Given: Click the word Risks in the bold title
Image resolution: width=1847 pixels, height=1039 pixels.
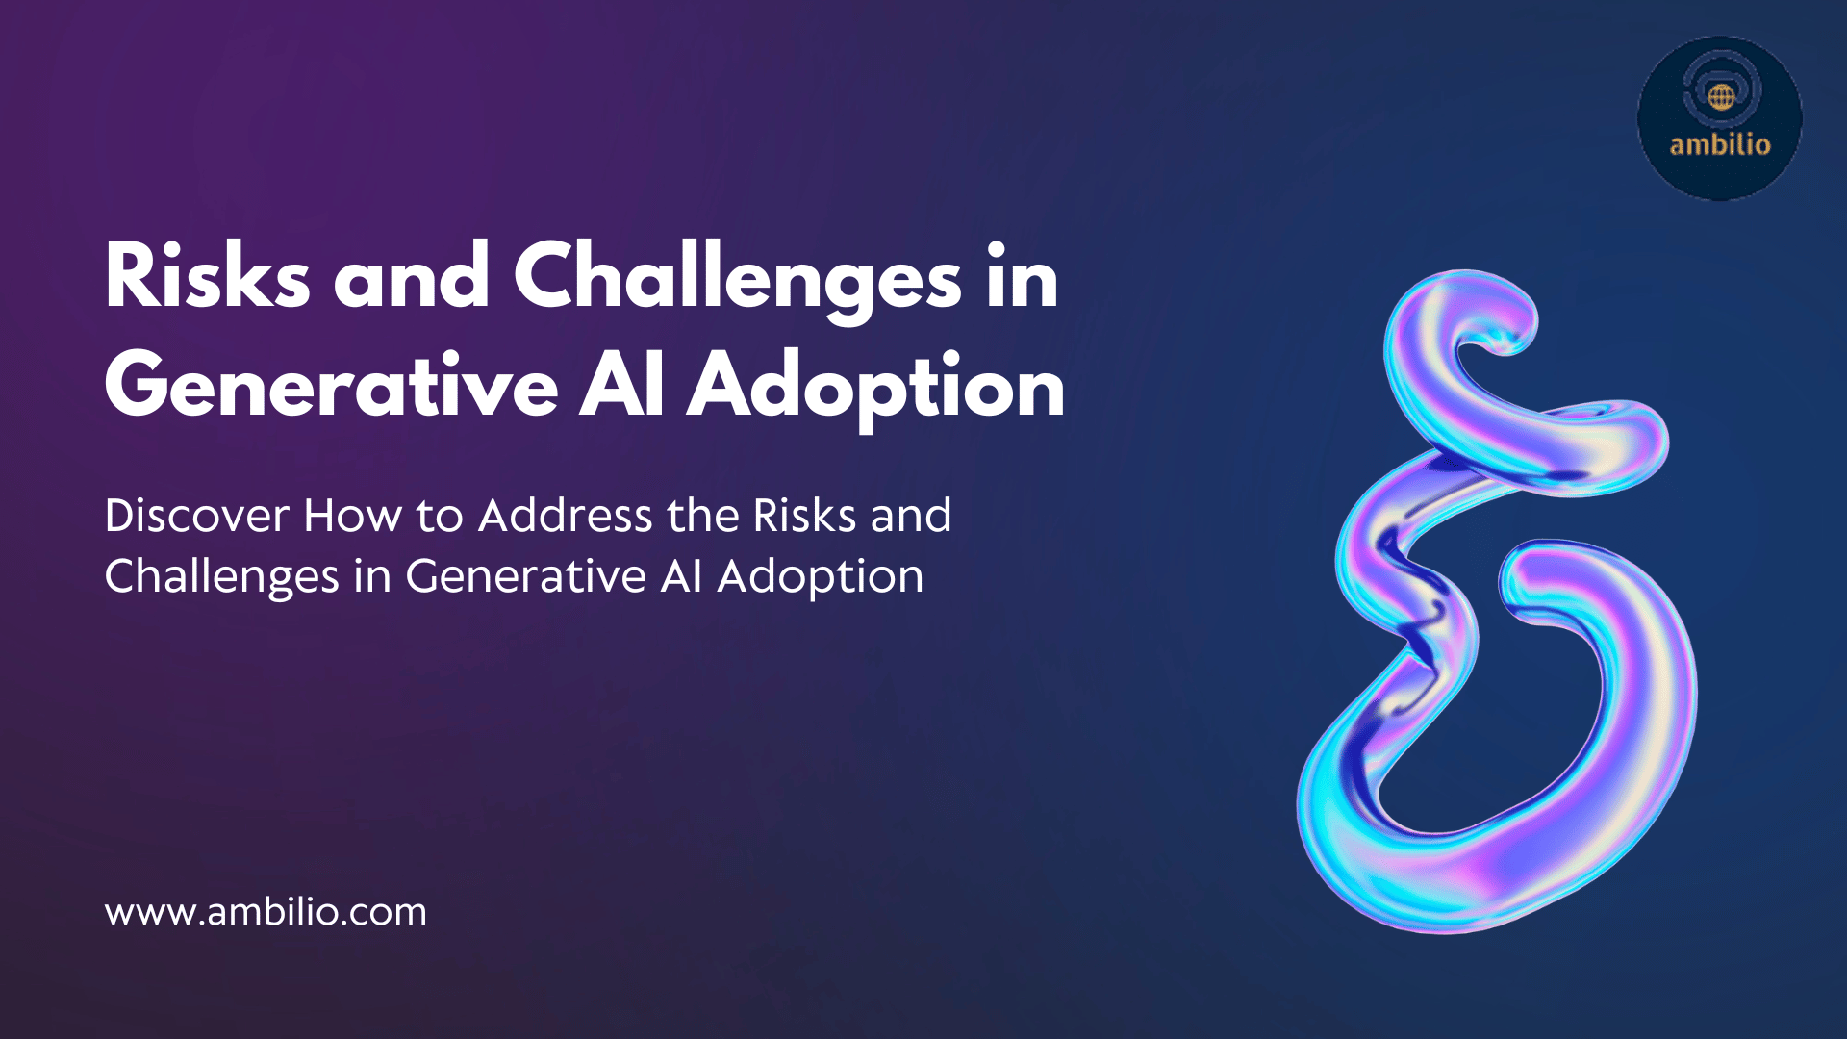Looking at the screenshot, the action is tap(208, 275).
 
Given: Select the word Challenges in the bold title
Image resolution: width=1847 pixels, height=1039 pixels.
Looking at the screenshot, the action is tap(738, 280).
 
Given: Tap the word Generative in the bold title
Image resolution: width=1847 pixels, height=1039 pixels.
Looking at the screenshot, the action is tap(332, 386).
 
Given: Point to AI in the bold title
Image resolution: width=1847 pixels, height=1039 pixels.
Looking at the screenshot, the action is tap(621, 385).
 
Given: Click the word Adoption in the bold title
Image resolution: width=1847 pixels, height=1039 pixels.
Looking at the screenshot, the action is tap(875, 390).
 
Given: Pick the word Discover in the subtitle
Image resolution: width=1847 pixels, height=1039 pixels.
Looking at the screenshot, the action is tap(197, 516).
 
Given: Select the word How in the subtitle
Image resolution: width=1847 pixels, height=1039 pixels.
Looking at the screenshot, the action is tap(353, 516).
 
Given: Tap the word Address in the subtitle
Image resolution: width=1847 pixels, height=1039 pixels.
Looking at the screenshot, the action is tap(566, 516).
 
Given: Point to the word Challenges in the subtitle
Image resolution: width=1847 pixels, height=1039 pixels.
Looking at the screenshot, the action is tap(222, 577).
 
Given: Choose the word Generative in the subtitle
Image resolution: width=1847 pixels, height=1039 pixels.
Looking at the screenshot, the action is tap(526, 577).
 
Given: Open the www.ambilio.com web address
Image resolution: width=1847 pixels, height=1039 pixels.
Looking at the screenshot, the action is tap(266, 912).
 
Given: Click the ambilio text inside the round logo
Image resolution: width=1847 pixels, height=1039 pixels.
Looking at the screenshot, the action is tap(1720, 144).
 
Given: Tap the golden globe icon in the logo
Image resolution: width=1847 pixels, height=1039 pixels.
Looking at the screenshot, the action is tap(1722, 96).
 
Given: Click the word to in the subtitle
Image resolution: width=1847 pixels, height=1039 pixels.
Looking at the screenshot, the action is tap(440, 518).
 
